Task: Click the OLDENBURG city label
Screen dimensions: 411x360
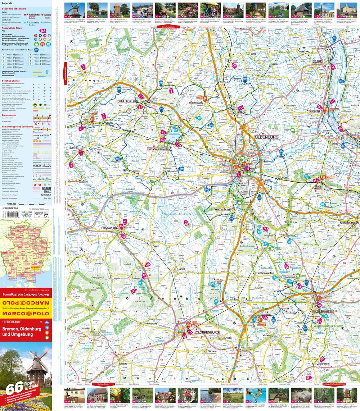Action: coord(266,137)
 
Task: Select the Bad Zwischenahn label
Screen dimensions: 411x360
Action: coord(158,149)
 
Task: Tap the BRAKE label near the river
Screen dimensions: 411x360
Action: coord(319,61)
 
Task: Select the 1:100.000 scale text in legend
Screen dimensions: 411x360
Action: coord(8,204)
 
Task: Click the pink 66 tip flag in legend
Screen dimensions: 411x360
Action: coord(44,31)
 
